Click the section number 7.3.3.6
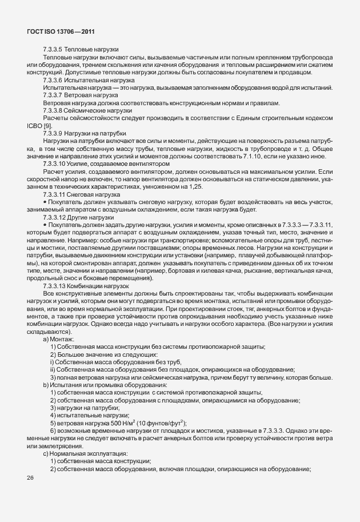point(53,81)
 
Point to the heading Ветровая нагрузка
point(86,95)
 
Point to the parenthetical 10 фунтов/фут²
point(137,422)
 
